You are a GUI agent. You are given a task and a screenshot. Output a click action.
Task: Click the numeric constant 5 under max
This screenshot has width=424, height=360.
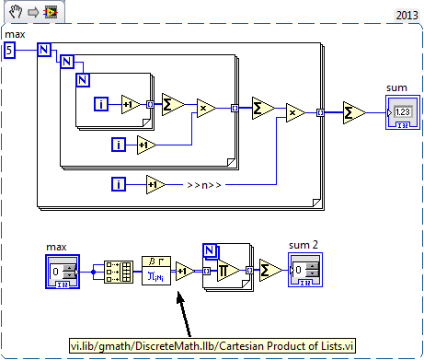click(9, 51)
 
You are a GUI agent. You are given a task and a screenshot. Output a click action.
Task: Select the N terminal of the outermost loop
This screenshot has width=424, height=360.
click(43, 51)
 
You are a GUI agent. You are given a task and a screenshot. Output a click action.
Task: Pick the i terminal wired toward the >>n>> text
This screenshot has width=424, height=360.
click(119, 184)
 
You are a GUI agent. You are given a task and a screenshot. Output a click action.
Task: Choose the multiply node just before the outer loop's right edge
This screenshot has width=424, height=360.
click(295, 112)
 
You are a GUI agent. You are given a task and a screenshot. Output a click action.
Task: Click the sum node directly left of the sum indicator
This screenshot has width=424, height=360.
click(353, 112)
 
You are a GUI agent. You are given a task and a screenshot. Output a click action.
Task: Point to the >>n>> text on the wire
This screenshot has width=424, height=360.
click(197, 185)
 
